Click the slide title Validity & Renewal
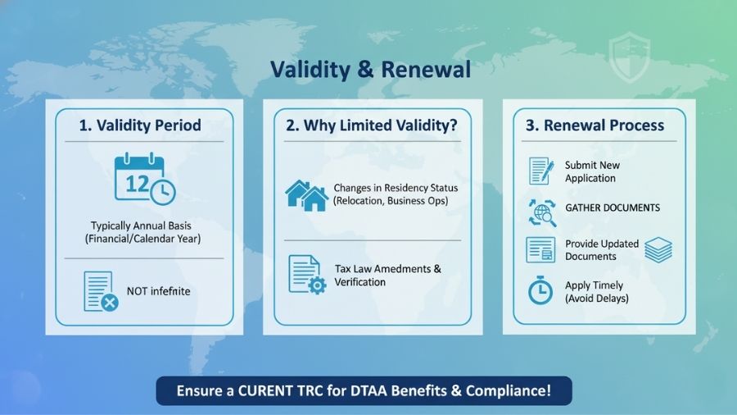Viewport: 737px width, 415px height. click(x=371, y=69)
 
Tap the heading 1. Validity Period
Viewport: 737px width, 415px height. click(x=140, y=125)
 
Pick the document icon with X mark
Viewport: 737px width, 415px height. click(x=100, y=291)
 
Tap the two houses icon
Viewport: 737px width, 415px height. click(x=306, y=194)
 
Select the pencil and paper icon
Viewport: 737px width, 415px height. click(x=541, y=171)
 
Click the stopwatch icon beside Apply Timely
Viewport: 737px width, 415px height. click(x=540, y=291)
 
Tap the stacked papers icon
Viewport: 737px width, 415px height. click(x=658, y=250)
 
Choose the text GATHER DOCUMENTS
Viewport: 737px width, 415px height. click(x=613, y=208)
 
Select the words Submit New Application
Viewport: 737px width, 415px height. click(x=593, y=171)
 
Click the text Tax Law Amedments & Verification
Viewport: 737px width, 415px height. click(x=387, y=276)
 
